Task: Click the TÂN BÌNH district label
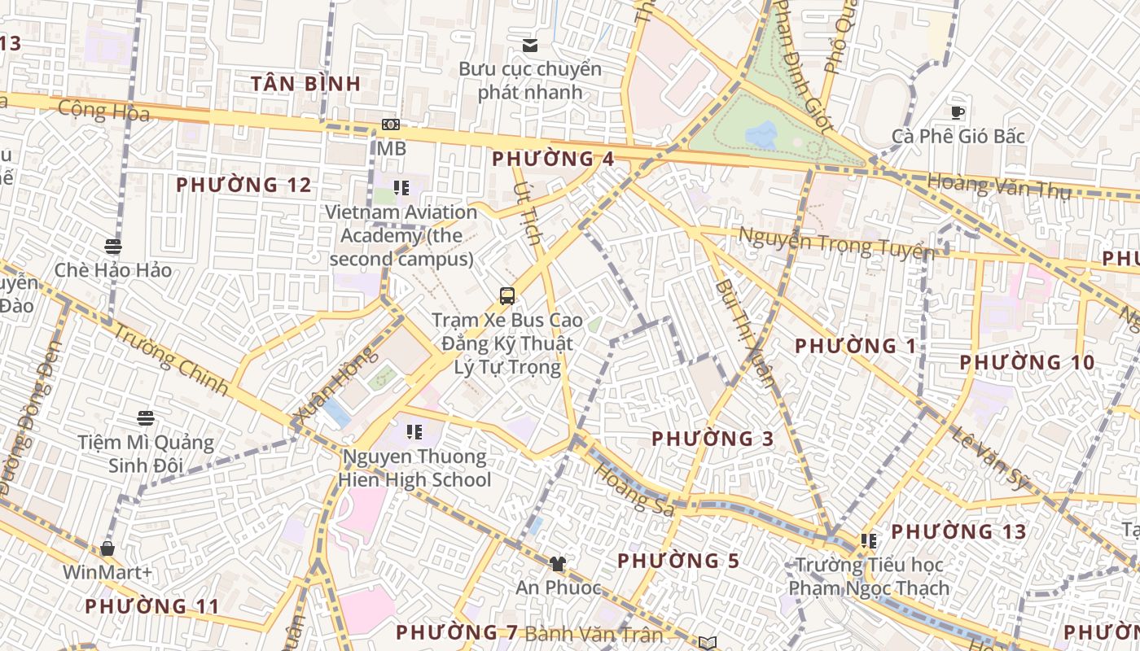point(305,83)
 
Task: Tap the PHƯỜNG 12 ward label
point(243,185)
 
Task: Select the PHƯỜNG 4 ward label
point(553,159)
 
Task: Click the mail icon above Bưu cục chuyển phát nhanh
point(530,45)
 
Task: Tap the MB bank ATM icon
point(391,125)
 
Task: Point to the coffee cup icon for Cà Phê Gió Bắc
point(958,112)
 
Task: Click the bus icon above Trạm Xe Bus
point(507,295)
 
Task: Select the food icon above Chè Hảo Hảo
point(113,246)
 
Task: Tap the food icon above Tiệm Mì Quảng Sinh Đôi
point(146,418)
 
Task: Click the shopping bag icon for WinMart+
point(107,548)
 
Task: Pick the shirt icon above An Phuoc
point(558,563)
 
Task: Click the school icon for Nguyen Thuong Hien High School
point(414,432)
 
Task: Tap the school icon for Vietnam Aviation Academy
point(401,188)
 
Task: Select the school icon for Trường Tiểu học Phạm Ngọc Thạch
point(869,540)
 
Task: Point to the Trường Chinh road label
point(169,359)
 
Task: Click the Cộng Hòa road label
point(104,111)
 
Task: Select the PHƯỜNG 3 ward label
point(712,439)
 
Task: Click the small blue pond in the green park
point(761,134)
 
